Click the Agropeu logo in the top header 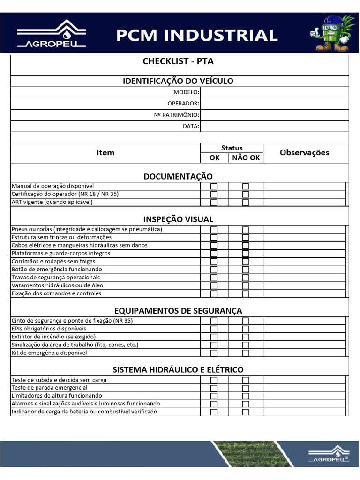pos(52,34)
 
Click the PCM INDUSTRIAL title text pos(197,35)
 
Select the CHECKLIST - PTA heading pos(178,61)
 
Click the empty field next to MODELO pos(274,92)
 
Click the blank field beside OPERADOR pos(274,104)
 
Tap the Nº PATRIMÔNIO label pos(176,115)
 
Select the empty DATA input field pos(274,126)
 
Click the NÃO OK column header pos(246,158)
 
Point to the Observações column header pos(304,152)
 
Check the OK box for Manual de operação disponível pos(214,187)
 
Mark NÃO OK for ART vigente pos(245,202)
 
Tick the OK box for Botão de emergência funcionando pos(214,270)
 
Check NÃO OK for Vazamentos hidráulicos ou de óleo pos(245,285)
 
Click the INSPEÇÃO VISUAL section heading pos(178,219)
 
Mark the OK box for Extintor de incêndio pos(214,337)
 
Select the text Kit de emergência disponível pos(49,352)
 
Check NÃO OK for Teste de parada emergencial pos(245,388)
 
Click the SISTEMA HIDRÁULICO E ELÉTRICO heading pos(178,370)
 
